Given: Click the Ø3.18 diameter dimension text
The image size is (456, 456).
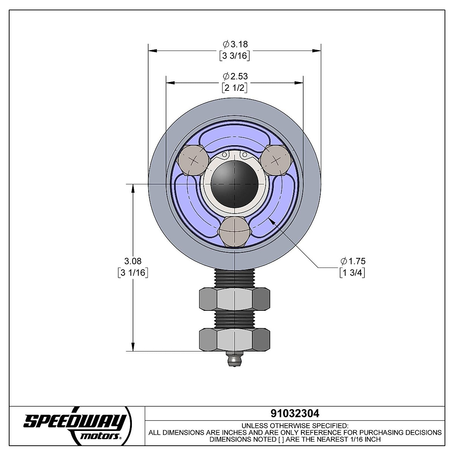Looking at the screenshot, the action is coord(235,44).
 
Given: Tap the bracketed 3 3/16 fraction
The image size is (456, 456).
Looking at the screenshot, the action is coord(234,56).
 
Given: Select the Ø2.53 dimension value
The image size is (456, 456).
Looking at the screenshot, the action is coord(235,76).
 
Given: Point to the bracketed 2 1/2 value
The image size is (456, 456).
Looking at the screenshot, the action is coord(234,88).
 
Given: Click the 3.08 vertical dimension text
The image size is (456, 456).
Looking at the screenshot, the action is coord(133,261).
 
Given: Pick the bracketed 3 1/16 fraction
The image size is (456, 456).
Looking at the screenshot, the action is coord(133,273).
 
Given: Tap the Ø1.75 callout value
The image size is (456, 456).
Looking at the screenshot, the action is coord(353,261).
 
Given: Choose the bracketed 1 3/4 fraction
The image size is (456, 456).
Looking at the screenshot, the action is coord(352,273).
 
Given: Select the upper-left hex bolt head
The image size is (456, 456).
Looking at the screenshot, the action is coord(193,161).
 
